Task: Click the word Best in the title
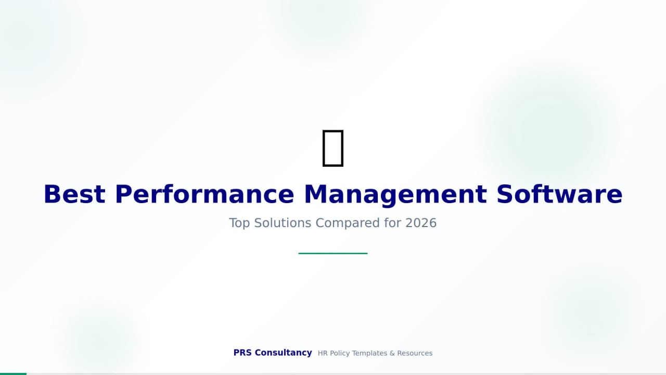74,194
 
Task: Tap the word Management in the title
395,194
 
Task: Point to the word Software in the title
559,194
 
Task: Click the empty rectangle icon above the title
333,148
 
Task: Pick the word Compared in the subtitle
348,223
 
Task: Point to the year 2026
421,223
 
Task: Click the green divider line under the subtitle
333,253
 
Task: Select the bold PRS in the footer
242,353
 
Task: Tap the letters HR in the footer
323,353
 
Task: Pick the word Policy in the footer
340,353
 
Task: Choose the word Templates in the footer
369,353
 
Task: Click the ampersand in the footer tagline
392,353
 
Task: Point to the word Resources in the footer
415,353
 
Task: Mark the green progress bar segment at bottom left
13,373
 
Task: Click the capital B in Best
51,194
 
